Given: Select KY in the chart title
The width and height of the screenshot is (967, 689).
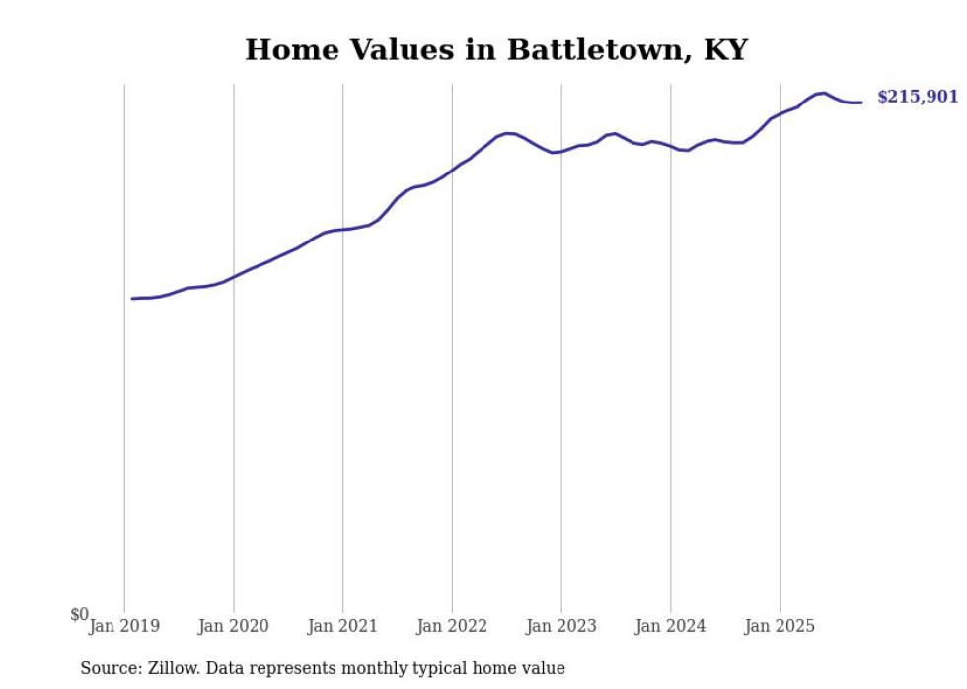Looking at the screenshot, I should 725,50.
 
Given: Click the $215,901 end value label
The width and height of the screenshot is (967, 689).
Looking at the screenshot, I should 918,97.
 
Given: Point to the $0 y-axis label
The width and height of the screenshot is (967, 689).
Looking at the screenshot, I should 79,614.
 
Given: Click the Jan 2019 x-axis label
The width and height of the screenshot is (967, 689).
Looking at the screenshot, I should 124,626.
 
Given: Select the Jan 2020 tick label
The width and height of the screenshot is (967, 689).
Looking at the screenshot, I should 234,626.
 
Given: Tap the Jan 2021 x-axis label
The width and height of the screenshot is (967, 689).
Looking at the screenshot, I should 342,626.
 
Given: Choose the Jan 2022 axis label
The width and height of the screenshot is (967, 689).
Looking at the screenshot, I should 452,626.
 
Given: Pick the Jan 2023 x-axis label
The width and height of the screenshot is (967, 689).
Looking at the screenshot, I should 561,626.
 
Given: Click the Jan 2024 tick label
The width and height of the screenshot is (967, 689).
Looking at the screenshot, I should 671,626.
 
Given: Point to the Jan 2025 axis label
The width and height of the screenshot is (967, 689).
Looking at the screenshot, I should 780,626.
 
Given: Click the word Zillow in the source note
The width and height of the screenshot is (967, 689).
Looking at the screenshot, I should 173,668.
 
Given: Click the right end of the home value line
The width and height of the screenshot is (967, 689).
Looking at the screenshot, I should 861,103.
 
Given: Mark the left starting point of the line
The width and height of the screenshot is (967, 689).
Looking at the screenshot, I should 132,298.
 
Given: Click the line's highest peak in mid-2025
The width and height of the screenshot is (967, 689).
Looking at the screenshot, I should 823,93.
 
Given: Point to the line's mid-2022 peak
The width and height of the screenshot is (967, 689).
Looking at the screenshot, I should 508,133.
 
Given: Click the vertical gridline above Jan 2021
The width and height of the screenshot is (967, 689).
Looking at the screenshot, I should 342,394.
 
